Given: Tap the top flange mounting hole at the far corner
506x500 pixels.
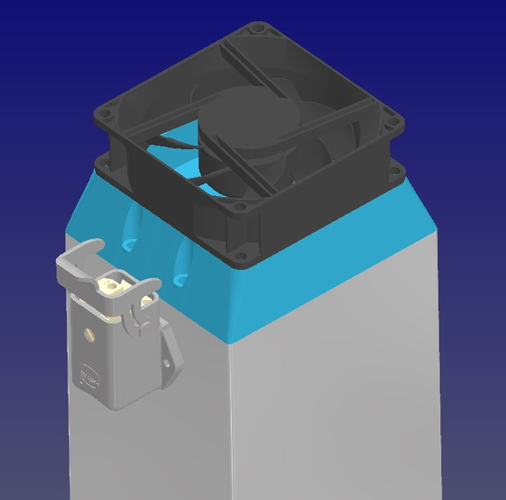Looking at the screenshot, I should [258, 29].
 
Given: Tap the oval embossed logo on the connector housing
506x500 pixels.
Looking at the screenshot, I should [88, 377].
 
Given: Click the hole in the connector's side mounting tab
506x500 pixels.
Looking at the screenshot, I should [166, 362].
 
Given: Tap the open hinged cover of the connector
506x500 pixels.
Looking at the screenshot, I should [78, 258].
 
